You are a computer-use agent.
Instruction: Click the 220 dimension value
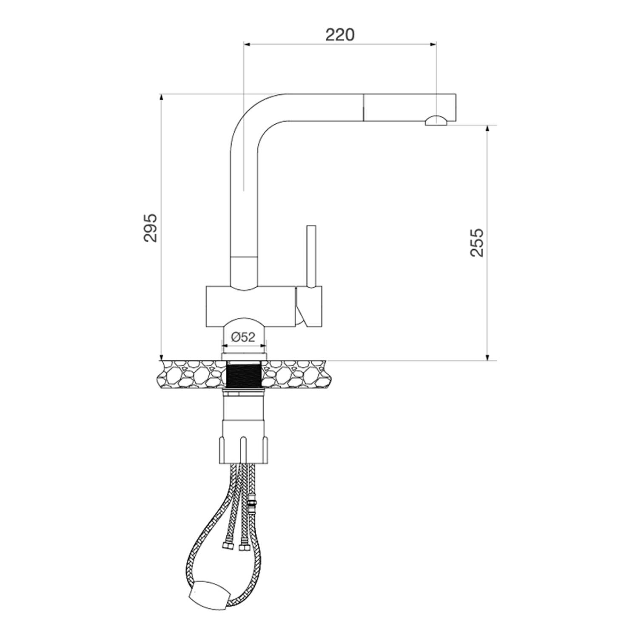(340, 34)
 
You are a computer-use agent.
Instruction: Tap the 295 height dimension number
(150, 228)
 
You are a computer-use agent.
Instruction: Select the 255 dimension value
(477, 242)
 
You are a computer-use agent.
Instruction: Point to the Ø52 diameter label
(243, 337)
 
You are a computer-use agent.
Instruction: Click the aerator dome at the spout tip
(436, 120)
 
